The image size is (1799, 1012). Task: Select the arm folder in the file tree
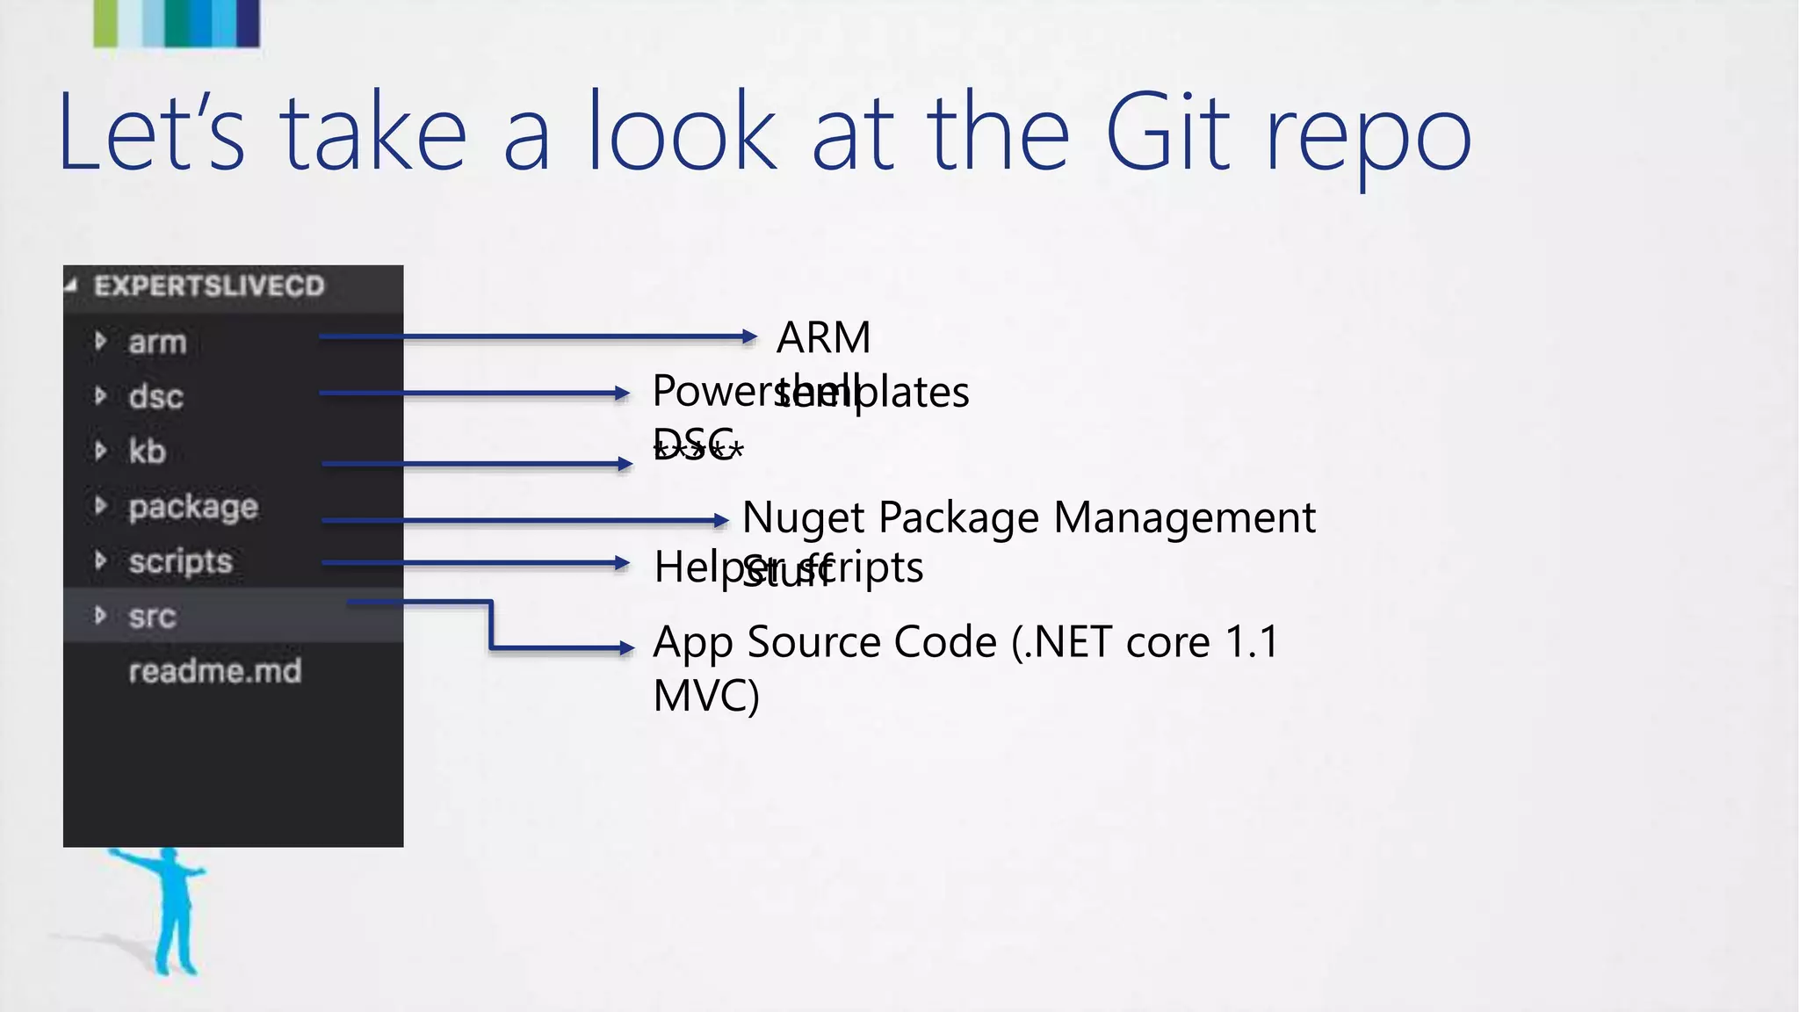click(157, 342)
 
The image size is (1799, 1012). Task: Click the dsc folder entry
click(155, 396)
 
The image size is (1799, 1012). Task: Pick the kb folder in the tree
click(147, 451)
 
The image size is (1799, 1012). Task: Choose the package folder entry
click(193, 507)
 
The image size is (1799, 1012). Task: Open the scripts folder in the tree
click(180, 561)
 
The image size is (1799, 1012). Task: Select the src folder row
click(152, 616)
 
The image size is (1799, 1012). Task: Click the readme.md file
click(215, 671)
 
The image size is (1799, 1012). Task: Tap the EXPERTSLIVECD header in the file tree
click(209, 286)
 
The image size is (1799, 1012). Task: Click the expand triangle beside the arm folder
click(100, 341)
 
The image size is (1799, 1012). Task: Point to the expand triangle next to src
click(100, 615)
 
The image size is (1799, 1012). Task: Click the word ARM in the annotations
click(823, 337)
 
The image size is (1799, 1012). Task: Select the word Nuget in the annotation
click(803, 517)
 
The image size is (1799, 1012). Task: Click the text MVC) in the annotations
click(706, 695)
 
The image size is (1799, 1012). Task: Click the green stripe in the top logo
click(105, 23)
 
